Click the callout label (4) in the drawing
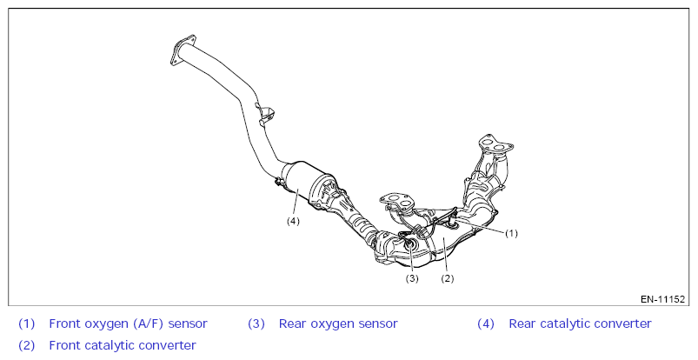[293, 221]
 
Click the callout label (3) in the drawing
[412, 279]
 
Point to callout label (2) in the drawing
[448, 279]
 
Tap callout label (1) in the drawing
[512, 233]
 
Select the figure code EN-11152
[663, 299]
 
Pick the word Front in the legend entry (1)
[66, 323]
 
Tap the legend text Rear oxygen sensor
[338, 323]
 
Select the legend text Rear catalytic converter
[580, 323]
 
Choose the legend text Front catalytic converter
[122, 345]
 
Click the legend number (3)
[256, 323]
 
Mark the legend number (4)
[486, 323]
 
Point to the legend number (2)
[27, 345]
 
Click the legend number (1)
[27, 323]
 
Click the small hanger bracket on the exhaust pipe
[265, 113]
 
